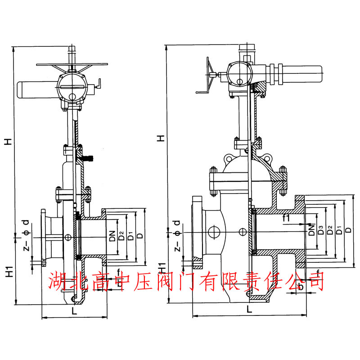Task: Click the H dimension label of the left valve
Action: coord(8,141)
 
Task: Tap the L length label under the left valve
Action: coord(74,311)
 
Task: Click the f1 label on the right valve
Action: coord(286,218)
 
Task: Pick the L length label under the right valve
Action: coord(249,309)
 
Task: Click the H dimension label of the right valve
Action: coord(160,138)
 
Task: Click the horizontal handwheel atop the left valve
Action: coord(72,65)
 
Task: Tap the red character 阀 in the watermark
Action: coord(163,281)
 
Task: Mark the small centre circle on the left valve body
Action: coord(68,237)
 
